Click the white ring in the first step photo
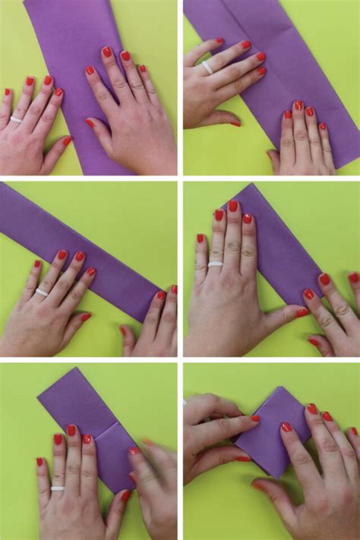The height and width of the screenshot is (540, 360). pyautogui.click(x=16, y=119)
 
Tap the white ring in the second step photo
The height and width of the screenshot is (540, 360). pyautogui.click(x=207, y=67)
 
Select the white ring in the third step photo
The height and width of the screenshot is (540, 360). pyautogui.click(x=42, y=292)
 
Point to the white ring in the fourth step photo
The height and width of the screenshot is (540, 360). pyautogui.click(x=216, y=264)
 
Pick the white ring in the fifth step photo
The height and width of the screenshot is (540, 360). pyautogui.click(x=58, y=488)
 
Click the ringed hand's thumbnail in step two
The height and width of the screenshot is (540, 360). pyautogui.click(x=235, y=122)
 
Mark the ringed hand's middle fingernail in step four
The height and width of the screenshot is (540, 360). pyautogui.click(x=232, y=206)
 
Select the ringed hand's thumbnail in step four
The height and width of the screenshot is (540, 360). pyautogui.click(x=302, y=312)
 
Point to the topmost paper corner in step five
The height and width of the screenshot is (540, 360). pyautogui.click(x=75, y=370)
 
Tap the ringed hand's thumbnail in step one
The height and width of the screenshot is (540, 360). pyautogui.click(x=67, y=141)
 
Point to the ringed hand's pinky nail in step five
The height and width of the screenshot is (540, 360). pyautogui.click(x=39, y=462)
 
